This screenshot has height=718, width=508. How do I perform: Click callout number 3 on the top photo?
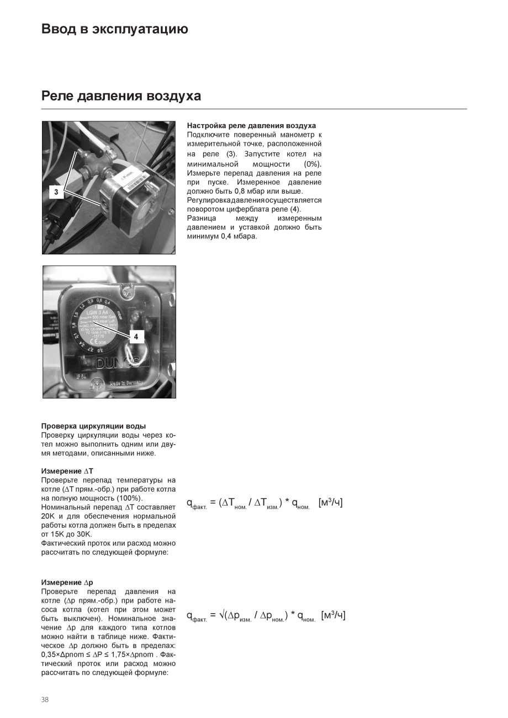point(56,193)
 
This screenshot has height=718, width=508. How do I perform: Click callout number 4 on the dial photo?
point(136,336)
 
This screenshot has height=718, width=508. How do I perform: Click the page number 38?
point(45,700)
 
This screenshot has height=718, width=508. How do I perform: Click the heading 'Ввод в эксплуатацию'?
point(114,29)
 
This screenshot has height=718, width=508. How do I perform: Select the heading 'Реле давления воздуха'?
point(121,96)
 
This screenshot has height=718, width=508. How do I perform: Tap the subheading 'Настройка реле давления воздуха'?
point(251,126)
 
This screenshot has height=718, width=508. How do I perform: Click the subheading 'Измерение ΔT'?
point(67,471)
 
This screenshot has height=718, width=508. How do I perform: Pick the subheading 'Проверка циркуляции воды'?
point(93,426)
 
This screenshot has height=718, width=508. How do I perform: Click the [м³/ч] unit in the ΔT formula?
point(330,503)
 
